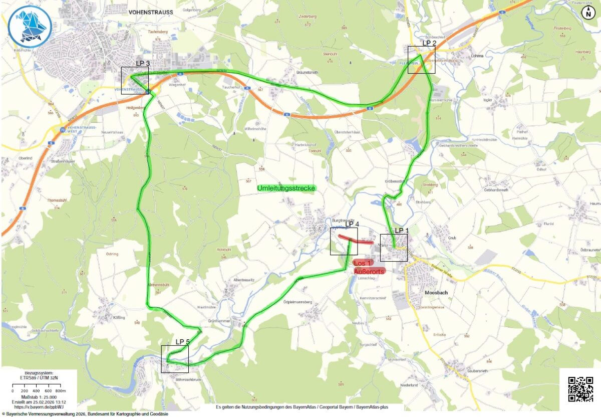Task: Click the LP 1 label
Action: [x=402, y=231]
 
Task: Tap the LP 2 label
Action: [x=429, y=43]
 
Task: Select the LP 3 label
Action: [x=143, y=63]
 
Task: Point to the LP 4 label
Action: [x=352, y=224]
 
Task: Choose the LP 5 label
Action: [x=182, y=342]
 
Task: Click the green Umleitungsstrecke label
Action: [x=286, y=188]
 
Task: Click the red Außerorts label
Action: [x=369, y=271]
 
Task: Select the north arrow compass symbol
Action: [x=588, y=13]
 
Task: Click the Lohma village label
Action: [x=477, y=56]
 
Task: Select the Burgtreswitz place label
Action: [x=343, y=220]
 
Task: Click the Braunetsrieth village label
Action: [x=307, y=73]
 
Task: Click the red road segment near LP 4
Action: [x=356, y=240]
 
